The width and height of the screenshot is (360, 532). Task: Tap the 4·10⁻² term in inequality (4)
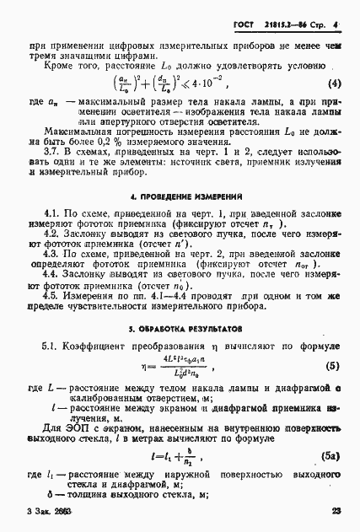222,84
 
